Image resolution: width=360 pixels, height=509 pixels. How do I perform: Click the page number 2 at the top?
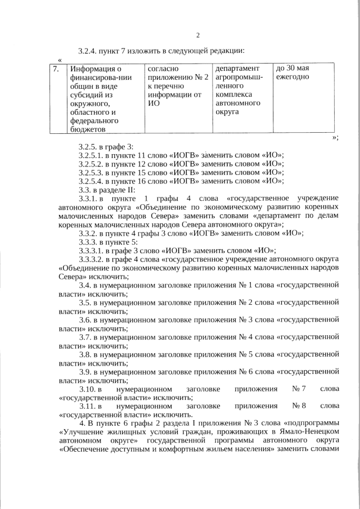[198, 36]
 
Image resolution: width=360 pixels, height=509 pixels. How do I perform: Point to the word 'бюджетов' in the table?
[88, 129]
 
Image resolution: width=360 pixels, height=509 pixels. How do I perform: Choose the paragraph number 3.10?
[89, 389]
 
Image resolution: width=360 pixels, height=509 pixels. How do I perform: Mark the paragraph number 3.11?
[89, 406]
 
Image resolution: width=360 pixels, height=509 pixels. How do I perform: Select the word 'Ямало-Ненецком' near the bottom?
[311, 431]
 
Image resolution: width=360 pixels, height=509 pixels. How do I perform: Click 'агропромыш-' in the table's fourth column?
[239, 77]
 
